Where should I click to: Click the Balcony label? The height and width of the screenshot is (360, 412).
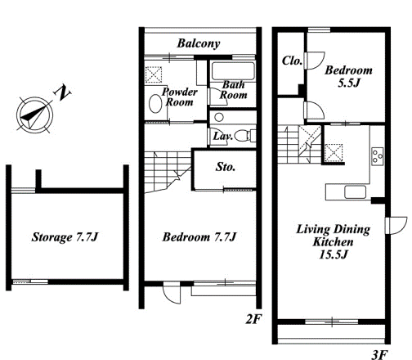pos(199,43)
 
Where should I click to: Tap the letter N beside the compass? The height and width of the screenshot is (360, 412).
pos(63,92)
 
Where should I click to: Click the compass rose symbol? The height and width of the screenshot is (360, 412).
pos(34,115)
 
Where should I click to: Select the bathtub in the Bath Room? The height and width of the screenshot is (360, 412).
pos(233,71)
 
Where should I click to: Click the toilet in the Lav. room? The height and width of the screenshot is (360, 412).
pos(244,136)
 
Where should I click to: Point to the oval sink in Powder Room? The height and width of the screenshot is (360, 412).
pos(155,104)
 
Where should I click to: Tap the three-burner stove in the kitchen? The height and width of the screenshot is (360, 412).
pos(378,156)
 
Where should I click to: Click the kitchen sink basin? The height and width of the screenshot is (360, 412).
pos(355,192)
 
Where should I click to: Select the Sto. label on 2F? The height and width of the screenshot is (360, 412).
pos(226,167)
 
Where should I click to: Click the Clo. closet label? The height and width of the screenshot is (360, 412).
pos(292,61)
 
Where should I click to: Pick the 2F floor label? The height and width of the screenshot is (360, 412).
pos(253,319)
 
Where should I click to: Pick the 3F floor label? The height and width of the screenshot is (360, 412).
pos(379,354)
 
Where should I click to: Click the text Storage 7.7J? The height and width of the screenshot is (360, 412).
pos(65,236)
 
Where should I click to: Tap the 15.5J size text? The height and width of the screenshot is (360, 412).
pos(334,254)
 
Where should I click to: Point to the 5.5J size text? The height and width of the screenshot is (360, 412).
pos(349,83)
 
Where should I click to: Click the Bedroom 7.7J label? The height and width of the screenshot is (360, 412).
pos(199,236)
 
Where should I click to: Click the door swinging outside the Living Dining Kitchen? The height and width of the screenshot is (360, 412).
pos(396,226)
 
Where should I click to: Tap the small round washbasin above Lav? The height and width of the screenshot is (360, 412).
pos(219,118)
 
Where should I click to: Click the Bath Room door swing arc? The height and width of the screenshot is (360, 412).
pos(218,97)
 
